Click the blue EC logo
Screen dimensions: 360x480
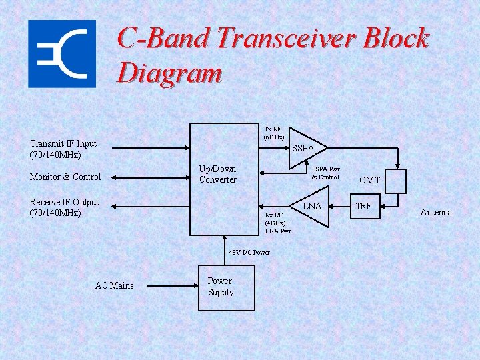coord(61,53)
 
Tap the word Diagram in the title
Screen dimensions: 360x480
coord(169,73)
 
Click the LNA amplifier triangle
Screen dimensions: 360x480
coord(311,207)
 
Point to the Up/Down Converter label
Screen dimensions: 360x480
coord(217,174)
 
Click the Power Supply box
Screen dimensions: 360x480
coord(226,287)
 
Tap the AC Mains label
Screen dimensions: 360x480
coord(114,286)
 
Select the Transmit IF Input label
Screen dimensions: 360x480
coord(63,149)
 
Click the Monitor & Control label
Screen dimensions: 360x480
coord(65,177)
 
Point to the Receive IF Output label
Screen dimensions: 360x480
coord(64,207)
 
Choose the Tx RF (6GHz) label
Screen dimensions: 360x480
coord(274,133)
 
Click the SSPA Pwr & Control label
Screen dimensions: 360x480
coord(325,173)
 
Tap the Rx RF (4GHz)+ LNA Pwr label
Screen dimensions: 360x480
coord(277,223)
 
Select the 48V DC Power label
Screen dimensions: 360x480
coord(249,253)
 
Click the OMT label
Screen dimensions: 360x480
coord(369,180)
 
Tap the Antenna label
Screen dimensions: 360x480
coord(436,213)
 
